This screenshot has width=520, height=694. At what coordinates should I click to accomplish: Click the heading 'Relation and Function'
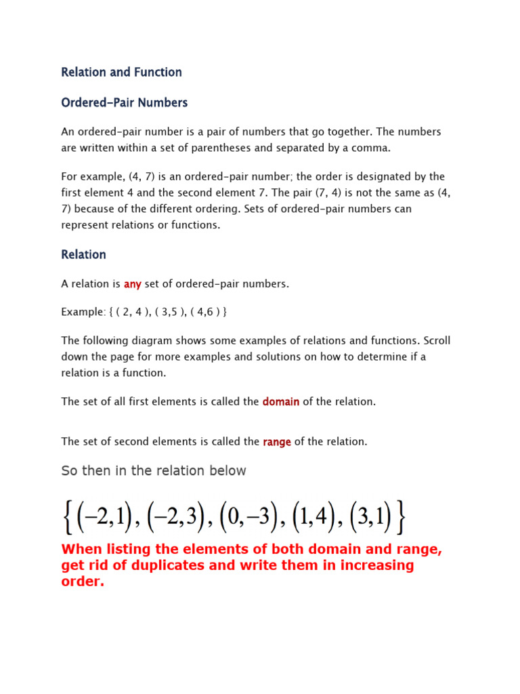tap(121, 72)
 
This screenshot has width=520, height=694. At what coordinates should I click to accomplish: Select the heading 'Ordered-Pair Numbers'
tap(124, 103)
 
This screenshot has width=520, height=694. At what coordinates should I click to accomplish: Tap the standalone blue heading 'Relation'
tap(83, 255)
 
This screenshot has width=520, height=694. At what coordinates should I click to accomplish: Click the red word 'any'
tap(132, 284)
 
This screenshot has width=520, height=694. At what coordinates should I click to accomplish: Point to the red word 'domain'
tap(280, 402)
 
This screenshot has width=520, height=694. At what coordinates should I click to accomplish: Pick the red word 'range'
tap(277, 442)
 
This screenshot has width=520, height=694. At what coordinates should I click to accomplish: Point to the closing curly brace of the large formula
tap(401, 519)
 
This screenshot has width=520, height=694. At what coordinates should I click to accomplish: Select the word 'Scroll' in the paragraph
tap(436, 341)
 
